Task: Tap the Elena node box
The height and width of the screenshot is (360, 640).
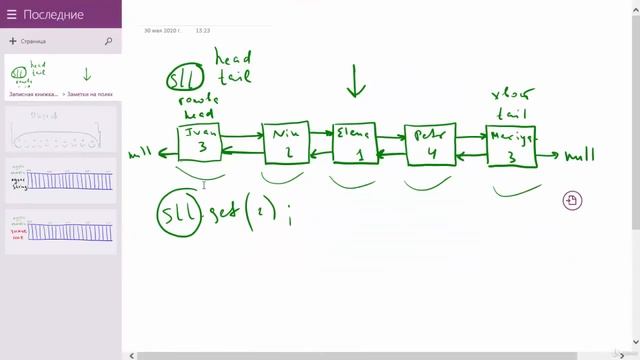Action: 354,144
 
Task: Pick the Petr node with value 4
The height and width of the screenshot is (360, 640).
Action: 429,145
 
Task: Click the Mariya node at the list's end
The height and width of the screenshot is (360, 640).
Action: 511,146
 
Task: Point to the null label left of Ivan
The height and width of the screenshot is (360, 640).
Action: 142,156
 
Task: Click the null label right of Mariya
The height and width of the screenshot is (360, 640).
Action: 579,156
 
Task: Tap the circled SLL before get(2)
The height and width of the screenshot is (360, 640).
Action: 179,216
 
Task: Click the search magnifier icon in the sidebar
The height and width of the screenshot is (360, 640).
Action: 108,42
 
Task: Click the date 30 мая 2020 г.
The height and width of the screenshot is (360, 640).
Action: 161,31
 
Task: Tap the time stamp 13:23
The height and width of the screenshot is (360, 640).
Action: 203,31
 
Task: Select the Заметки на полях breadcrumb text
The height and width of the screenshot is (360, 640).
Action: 93,93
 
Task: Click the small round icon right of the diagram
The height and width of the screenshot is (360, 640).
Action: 571,201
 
